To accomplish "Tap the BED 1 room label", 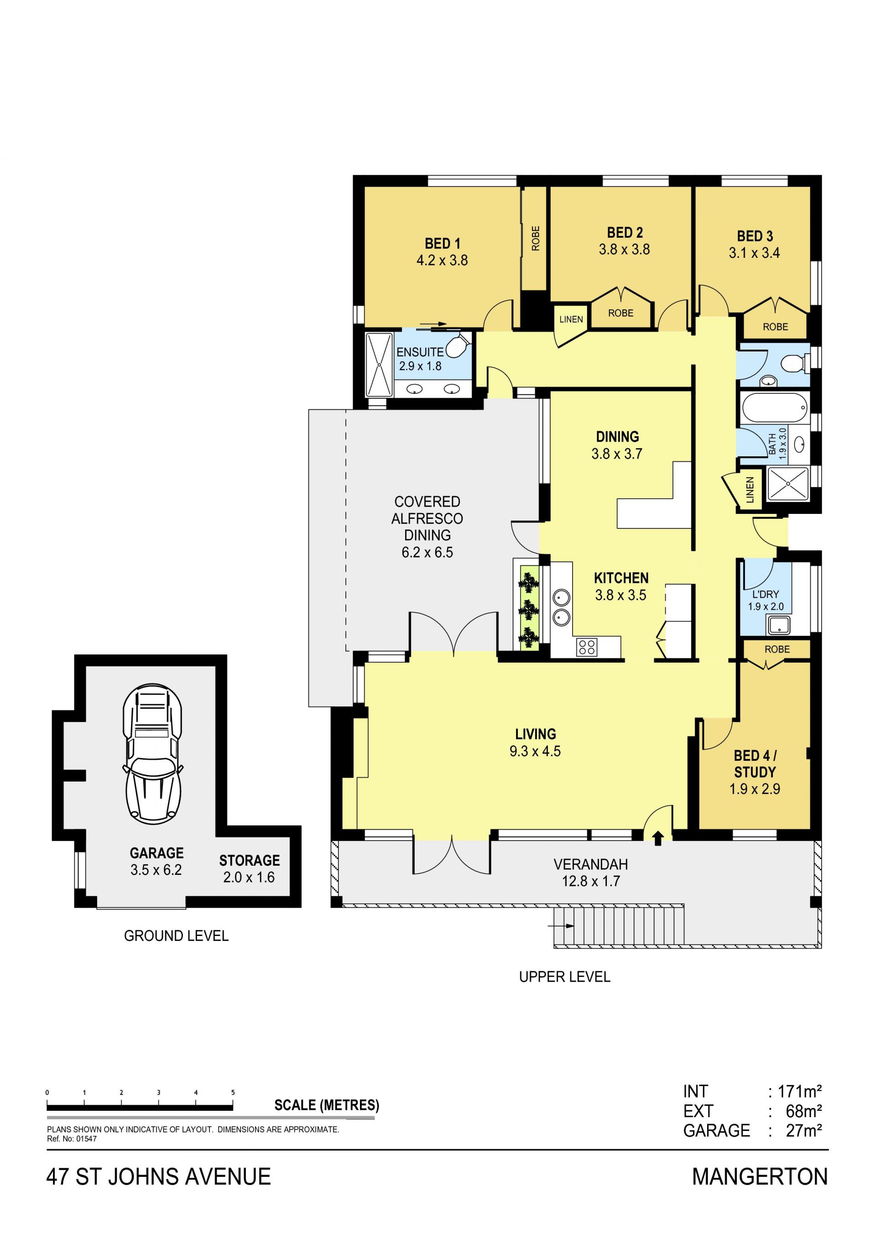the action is (x=442, y=243).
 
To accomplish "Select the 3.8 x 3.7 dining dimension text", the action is (x=617, y=454).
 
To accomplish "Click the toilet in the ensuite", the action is (x=458, y=345).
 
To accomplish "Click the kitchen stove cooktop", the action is (x=586, y=647).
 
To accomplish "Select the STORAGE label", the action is (x=249, y=860).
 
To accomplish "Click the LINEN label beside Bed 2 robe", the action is (x=571, y=319).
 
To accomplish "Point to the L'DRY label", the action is (x=766, y=594).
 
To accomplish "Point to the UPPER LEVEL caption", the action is (x=565, y=977).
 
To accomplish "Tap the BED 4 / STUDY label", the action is (x=755, y=763).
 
